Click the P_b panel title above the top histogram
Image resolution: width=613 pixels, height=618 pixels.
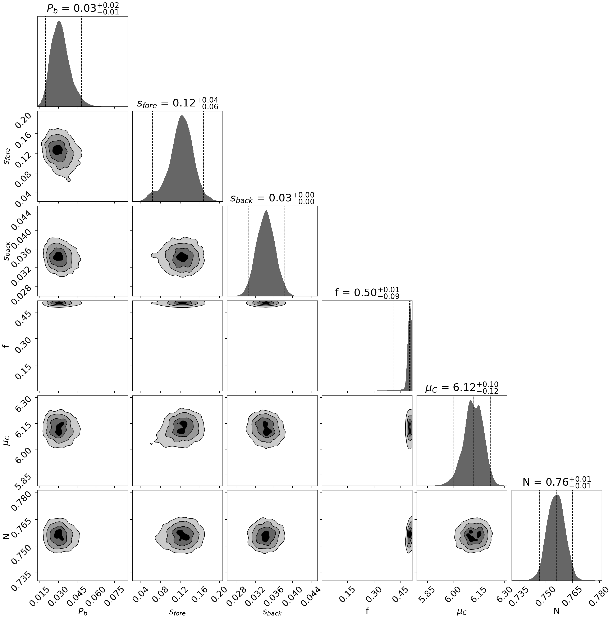pyautogui.click(x=83, y=9)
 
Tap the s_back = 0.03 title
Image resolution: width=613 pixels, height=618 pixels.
pyautogui.click(x=272, y=198)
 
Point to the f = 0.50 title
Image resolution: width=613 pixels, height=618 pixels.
pyautogui.click(x=367, y=292)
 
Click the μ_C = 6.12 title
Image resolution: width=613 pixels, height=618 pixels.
pyautogui.click(x=461, y=387)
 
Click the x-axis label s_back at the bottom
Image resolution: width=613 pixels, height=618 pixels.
pyautogui.click(x=272, y=612)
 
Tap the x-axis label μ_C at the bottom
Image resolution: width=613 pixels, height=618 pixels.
pyautogui.click(x=461, y=612)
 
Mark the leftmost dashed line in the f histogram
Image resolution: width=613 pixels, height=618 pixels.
pyautogui.click(x=393, y=345)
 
